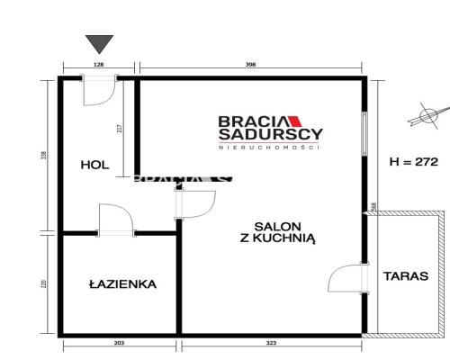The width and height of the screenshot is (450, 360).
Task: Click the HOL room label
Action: (94, 165)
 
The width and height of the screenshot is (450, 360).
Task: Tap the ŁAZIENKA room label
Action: (123, 284)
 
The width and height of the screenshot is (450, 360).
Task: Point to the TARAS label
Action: (405, 276)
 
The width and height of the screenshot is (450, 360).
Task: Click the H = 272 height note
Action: (413, 163)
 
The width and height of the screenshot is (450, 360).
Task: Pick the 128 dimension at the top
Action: (99, 65)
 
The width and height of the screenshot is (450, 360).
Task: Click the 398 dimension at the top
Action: (251, 65)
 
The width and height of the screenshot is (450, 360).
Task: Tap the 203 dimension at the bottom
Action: (120, 345)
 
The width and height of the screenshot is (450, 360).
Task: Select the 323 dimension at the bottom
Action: (273, 345)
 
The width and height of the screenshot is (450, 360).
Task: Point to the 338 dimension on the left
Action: (44, 156)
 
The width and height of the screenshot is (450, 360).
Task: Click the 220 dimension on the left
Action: (44, 285)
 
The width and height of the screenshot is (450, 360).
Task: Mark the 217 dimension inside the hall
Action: (120, 129)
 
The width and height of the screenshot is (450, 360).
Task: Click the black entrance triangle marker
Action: (99, 43)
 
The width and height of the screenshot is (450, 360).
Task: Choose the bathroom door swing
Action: (116, 220)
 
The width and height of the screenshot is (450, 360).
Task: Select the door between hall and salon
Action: (192, 203)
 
